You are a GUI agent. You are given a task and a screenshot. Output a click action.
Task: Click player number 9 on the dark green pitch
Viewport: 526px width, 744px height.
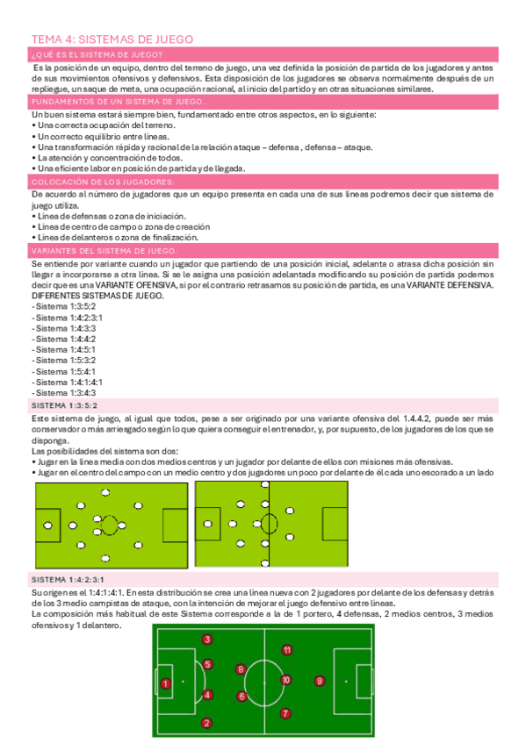coord(320,680)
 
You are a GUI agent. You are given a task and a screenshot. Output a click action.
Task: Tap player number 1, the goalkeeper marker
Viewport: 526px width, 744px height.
coord(165,683)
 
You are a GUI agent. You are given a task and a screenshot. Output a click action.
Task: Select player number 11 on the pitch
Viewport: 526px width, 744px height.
coord(287,650)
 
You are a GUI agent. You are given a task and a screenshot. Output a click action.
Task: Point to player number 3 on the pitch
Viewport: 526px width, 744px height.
coord(206,639)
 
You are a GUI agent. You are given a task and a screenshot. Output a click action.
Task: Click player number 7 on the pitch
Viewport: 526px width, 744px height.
coord(285,713)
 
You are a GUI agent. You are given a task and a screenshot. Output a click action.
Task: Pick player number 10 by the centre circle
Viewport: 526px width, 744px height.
coord(285,680)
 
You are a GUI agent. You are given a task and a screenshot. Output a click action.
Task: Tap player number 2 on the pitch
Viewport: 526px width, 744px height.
coord(206,723)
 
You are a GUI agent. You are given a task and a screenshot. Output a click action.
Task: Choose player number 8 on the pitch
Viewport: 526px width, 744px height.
coord(241,669)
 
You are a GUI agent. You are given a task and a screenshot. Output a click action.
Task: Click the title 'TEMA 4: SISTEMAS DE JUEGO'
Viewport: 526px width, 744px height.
coord(112,39)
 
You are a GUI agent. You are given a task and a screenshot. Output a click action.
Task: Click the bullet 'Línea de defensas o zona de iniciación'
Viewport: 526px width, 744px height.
coord(108,216)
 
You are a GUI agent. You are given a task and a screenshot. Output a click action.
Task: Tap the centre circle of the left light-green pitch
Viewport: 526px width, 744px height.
coord(110,526)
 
